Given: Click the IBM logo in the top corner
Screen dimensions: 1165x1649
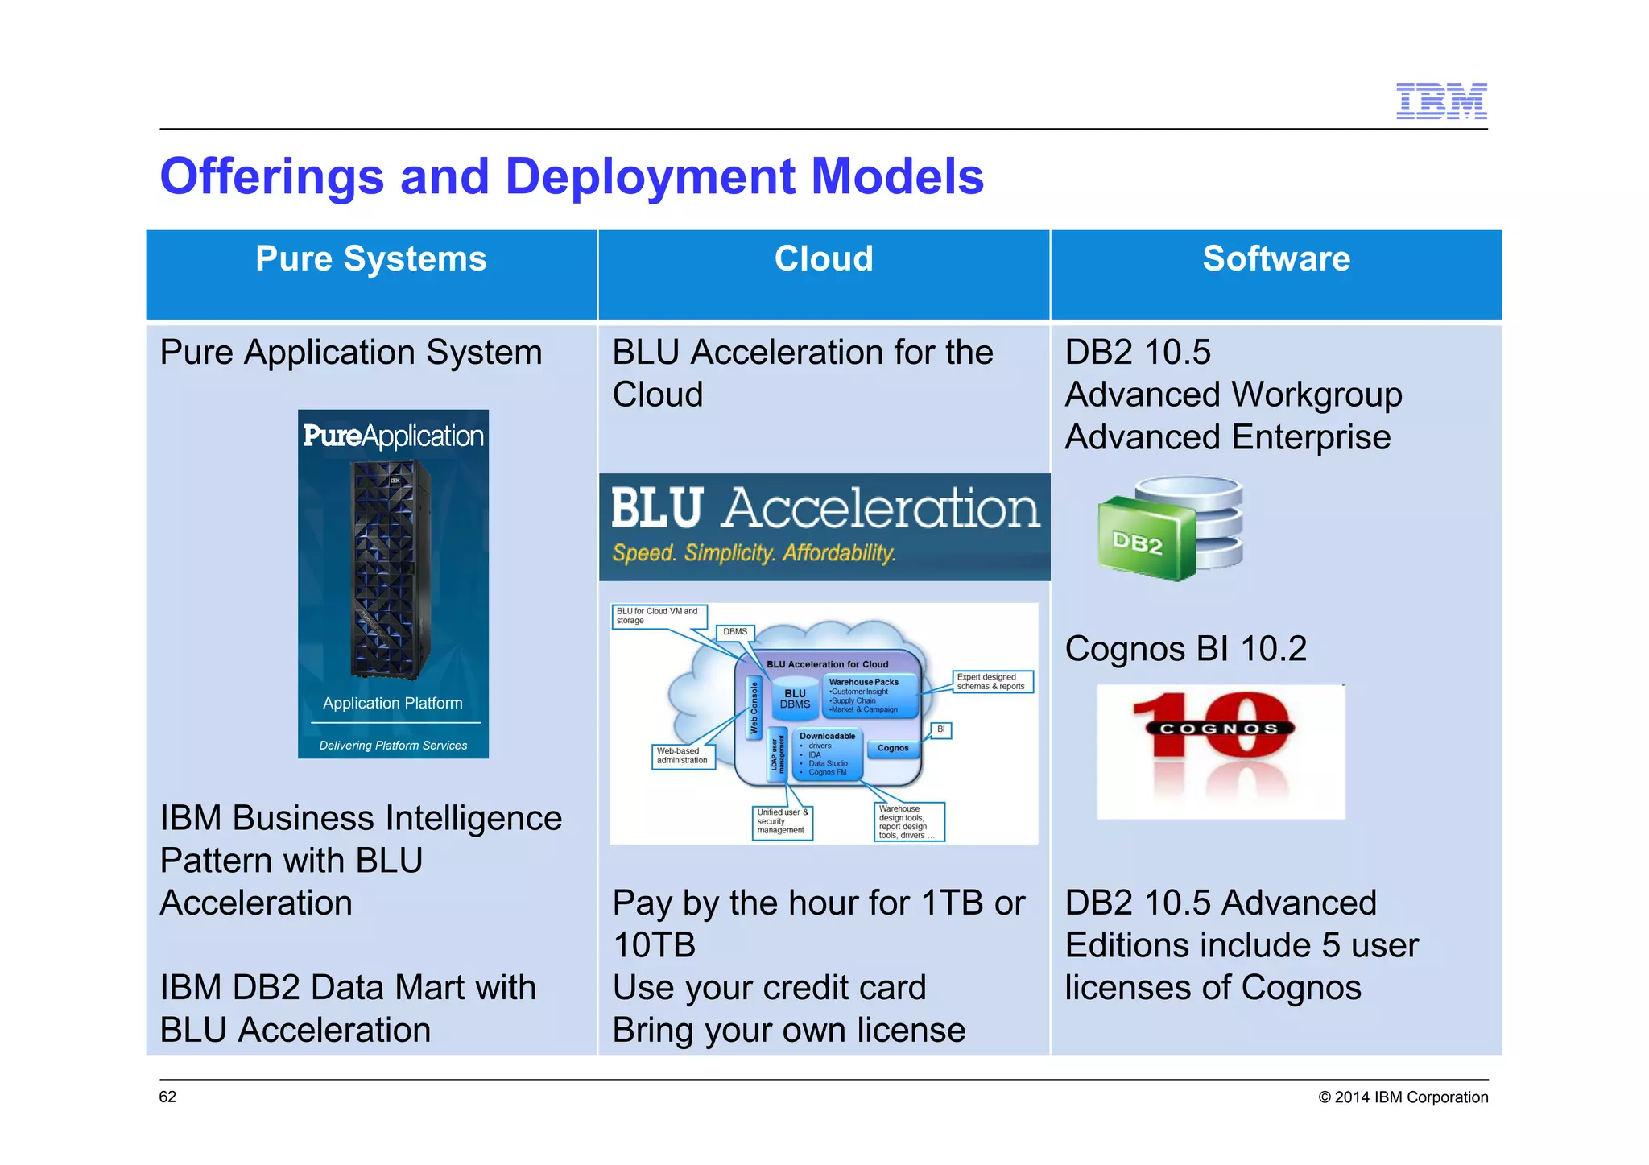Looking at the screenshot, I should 1440,101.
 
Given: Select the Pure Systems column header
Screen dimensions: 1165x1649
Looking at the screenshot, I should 371,260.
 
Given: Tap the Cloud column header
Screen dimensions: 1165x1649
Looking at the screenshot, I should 824,260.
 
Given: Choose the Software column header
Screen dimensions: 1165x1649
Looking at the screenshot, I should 1276,260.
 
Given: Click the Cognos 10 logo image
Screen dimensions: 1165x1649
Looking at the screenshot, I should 1221,750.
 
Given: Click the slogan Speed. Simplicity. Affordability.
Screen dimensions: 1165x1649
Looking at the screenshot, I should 754,553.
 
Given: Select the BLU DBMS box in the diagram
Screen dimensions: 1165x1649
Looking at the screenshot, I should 795,699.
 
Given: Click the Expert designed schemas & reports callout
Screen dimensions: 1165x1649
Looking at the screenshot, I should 991,682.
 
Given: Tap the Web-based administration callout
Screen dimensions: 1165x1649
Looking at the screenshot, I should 683,756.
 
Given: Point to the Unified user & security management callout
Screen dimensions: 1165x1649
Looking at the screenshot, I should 782,822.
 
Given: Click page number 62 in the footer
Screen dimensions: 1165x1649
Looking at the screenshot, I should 167,1097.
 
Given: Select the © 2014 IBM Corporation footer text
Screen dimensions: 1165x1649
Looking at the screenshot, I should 1403,1097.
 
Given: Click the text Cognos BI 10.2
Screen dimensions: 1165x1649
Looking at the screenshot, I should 1185,649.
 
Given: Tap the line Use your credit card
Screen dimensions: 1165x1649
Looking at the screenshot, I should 769,988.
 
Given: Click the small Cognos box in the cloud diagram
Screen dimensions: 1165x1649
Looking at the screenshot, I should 893,748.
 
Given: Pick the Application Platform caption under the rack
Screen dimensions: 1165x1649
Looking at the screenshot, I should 393,703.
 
